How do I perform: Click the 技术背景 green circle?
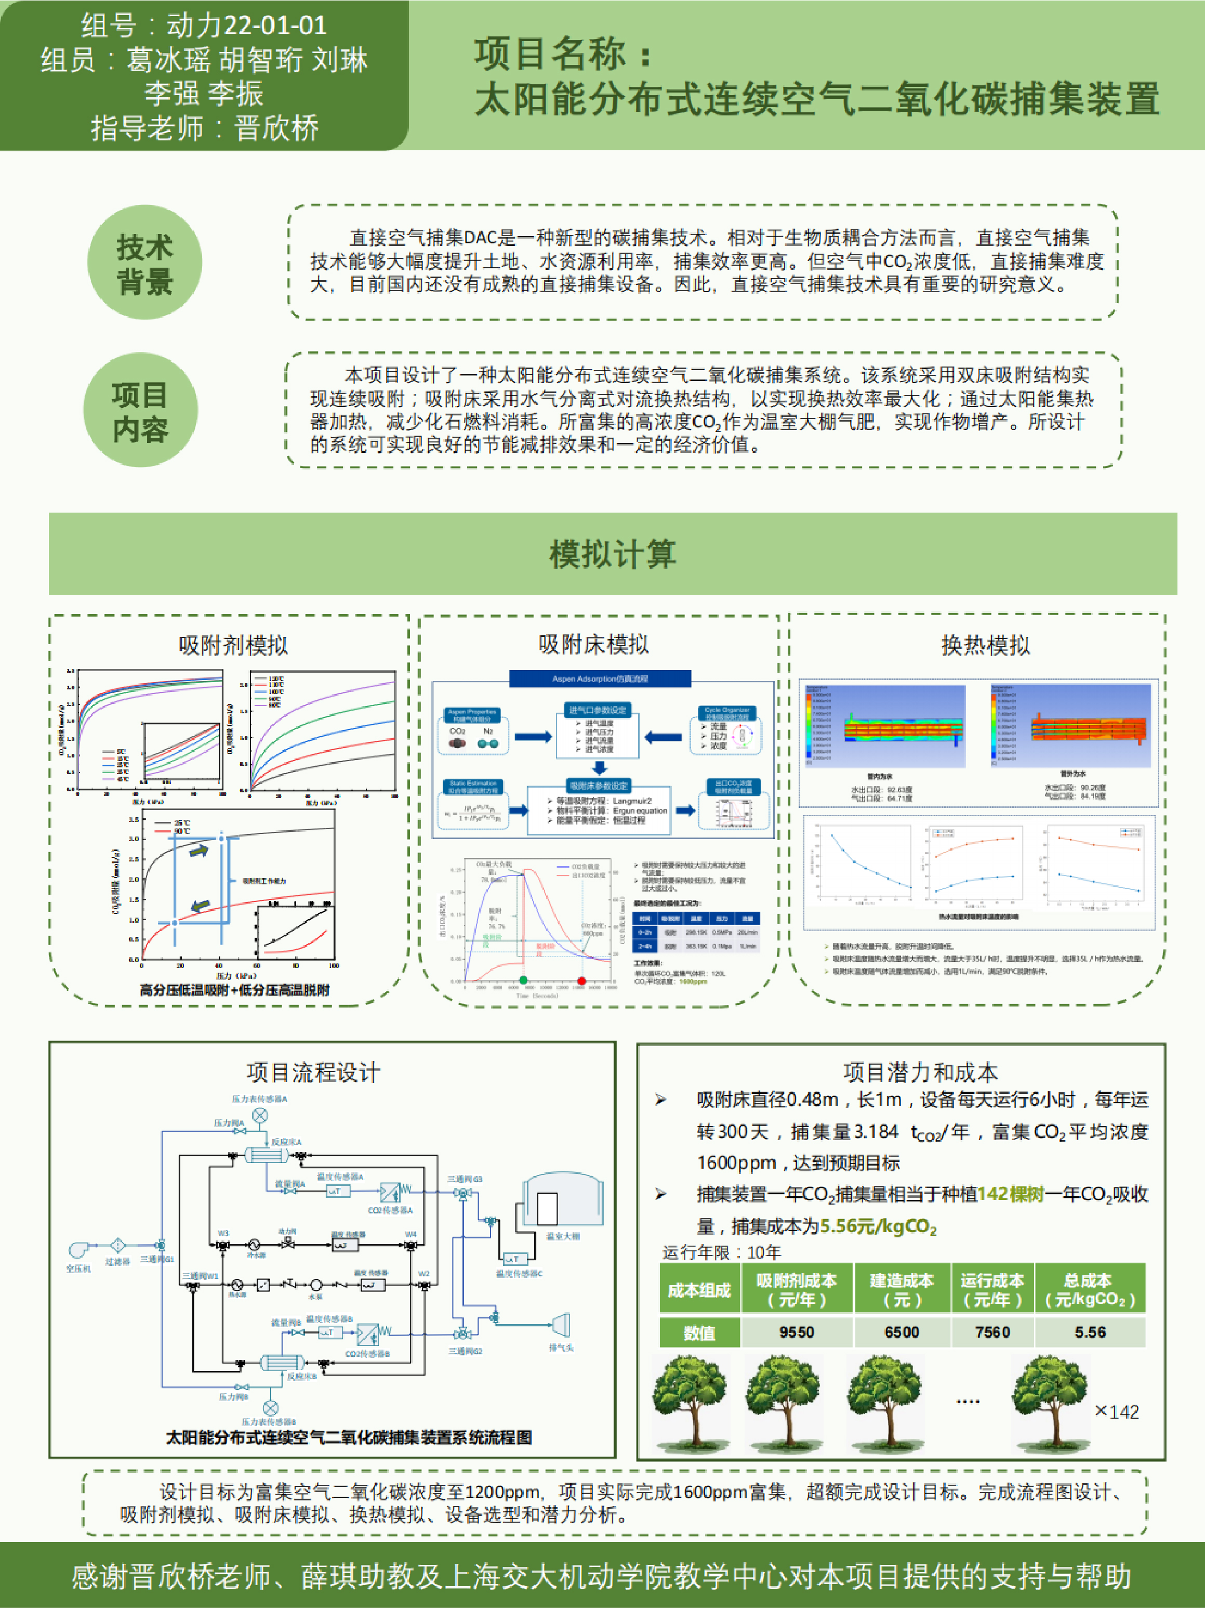[144, 263]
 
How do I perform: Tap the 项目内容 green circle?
[140, 410]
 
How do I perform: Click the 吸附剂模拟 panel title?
[233, 645]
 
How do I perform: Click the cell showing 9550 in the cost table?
[797, 1332]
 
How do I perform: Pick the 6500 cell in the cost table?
[902, 1332]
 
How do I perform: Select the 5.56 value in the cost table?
[1090, 1332]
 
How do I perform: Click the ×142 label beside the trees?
[1116, 1411]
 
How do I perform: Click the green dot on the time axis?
[523, 981]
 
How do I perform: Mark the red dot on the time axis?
[581, 981]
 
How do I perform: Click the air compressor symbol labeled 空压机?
[78, 1249]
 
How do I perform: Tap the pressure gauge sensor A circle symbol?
[259, 1115]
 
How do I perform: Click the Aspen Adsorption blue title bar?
[600, 679]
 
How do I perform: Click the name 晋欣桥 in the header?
[276, 128]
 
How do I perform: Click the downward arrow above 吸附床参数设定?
[599, 768]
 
